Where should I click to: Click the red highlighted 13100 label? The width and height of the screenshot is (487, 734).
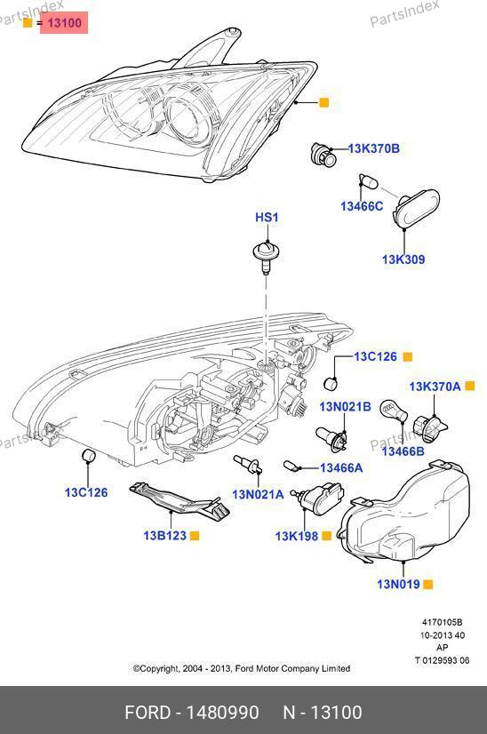64,22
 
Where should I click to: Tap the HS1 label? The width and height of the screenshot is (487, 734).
267,217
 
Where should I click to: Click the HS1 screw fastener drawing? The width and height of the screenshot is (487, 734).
266,257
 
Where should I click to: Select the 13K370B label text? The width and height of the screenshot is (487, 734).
373,149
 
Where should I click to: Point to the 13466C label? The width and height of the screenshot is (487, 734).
362,206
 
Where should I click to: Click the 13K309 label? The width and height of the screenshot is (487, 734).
403,259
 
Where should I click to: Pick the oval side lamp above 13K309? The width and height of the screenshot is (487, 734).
416,209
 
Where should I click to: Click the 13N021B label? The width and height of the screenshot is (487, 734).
345,406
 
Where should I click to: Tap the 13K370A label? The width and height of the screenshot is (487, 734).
435,387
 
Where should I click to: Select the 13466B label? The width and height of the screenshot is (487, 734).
403,451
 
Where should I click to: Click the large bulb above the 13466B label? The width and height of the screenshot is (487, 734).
394,412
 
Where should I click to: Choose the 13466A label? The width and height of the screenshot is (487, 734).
341,467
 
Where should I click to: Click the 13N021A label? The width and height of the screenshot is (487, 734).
258,494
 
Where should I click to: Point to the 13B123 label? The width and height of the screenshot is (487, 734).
164,536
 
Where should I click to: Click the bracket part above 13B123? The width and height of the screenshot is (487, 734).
180,501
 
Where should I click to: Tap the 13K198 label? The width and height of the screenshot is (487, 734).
297,536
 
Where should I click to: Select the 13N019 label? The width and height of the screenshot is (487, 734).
398,584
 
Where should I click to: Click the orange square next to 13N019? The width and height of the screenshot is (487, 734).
427,584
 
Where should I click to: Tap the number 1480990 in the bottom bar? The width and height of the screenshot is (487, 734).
222,713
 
